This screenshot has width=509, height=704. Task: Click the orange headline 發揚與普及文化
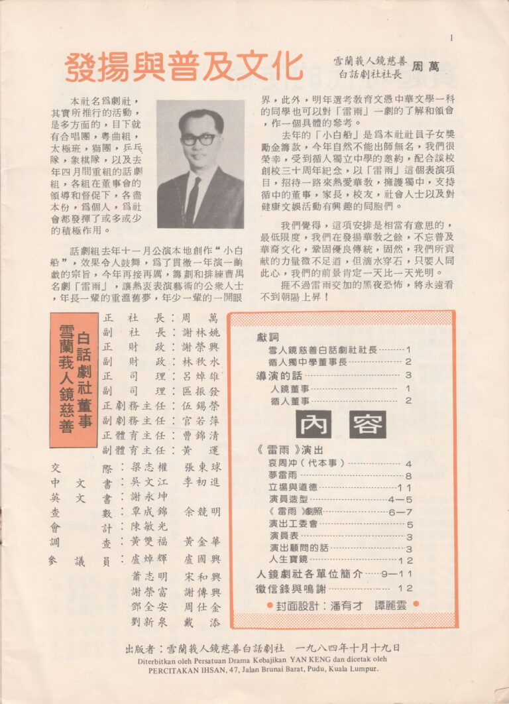[x=184, y=67]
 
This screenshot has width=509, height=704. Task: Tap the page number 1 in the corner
[x=451, y=38]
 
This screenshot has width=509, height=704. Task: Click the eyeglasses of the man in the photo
[x=198, y=139]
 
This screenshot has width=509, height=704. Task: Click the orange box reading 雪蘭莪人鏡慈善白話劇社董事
[x=74, y=379]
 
